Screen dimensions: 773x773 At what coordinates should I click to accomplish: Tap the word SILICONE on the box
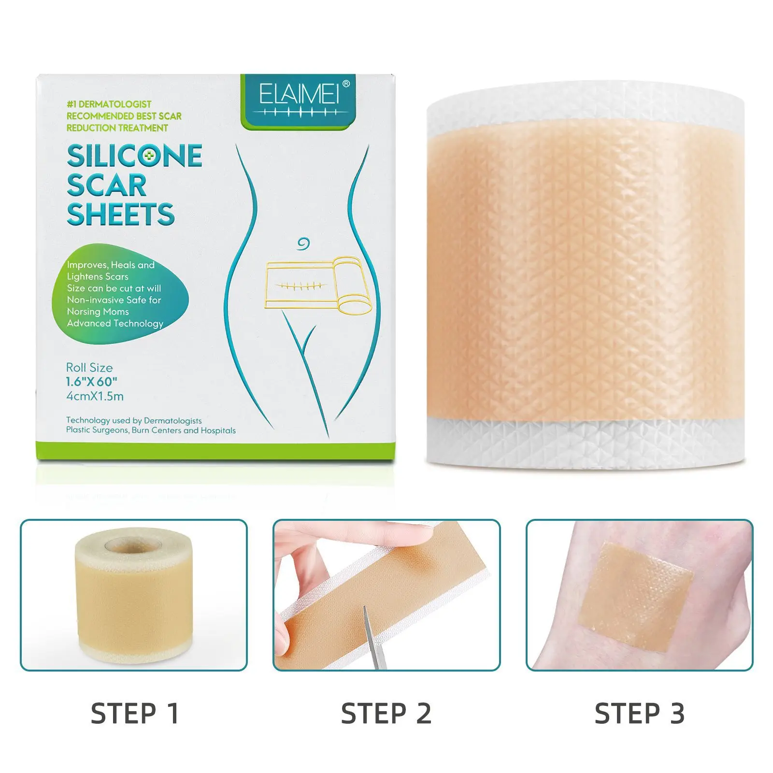[134, 156]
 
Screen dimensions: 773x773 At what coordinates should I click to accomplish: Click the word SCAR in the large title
[106, 186]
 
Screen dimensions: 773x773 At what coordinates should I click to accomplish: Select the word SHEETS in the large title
[120, 215]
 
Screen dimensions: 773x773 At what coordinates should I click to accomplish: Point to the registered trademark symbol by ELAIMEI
[346, 84]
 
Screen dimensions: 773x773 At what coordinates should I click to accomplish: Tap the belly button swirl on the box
[302, 244]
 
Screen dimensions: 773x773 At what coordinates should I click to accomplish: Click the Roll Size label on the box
[89, 368]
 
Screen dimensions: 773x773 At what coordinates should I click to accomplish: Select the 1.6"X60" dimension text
[91, 382]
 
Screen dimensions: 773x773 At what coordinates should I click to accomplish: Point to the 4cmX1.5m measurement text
[95, 397]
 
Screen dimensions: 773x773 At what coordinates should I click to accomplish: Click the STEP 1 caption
[135, 714]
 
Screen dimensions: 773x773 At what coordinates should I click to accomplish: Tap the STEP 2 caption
[386, 714]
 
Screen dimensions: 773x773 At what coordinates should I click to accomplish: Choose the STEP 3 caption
[639, 714]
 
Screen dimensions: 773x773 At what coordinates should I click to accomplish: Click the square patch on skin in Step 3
[636, 597]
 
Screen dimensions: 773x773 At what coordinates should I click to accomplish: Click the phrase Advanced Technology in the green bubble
[115, 323]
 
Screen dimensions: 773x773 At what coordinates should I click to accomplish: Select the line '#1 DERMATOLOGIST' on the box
[109, 104]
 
